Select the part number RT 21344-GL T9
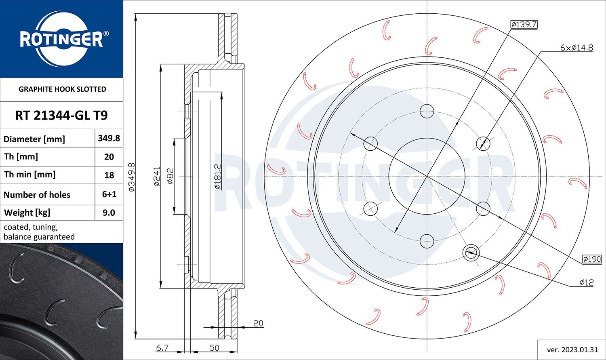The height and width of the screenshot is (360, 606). click(x=61, y=116)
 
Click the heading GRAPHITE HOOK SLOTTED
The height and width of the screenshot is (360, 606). click(x=62, y=89)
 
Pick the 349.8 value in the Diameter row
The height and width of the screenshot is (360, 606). click(x=109, y=138)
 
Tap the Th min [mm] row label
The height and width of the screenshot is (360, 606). click(x=29, y=175)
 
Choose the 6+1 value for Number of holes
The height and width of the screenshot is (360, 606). click(x=109, y=194)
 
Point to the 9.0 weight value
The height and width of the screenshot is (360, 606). click(x=109, y=213)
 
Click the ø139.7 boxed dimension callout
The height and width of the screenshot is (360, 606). click(x=524, y=25)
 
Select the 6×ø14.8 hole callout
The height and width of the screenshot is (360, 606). click(x=576, y=48)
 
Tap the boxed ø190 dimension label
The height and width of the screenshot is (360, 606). click(x=592, y=259)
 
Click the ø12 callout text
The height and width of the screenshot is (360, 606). click(x=586, y=282)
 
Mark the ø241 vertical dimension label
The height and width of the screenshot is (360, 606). click(x=157, y=177)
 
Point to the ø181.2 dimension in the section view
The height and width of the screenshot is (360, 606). click(x=217, y=177)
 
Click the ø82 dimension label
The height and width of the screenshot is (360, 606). click(x=170, y=177)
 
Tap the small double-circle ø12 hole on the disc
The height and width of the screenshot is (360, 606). click(x=471, y=253)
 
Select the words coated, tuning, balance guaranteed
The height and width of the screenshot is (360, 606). click(x=39, y=232)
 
